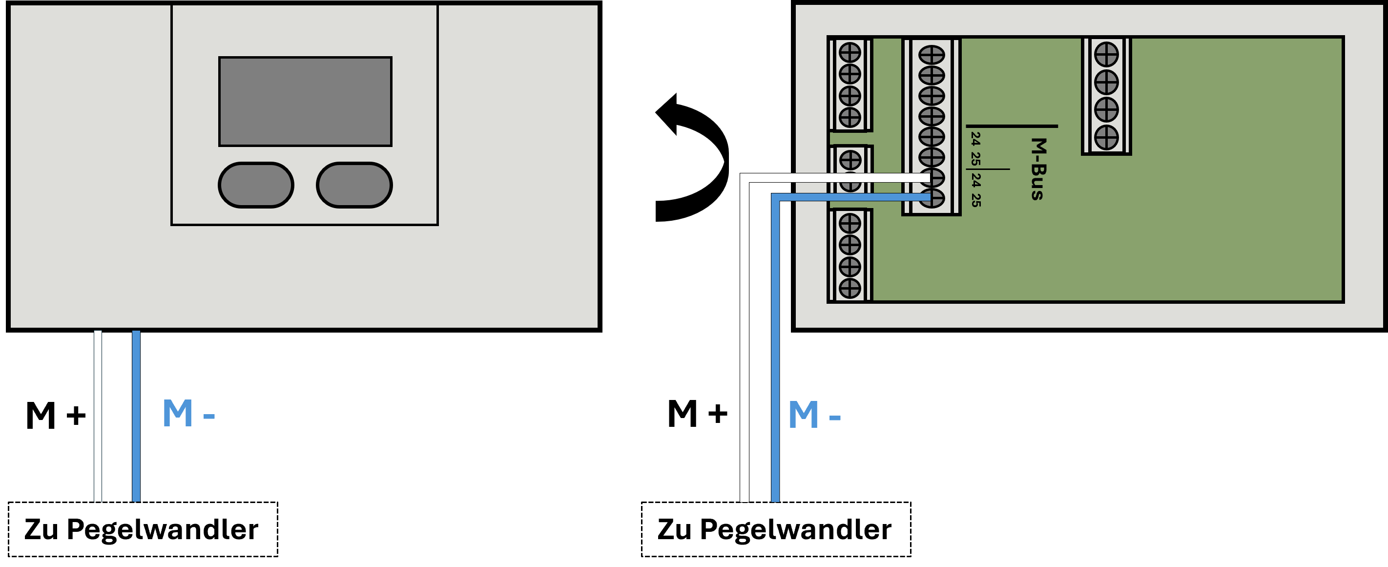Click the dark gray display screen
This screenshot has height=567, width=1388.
[305, 101]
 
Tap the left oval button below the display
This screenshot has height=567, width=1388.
[256, 185]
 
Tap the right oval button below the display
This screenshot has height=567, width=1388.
[354, 185]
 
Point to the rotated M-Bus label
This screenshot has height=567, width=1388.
[1038, 168]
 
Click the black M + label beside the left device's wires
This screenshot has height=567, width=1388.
[56, 416]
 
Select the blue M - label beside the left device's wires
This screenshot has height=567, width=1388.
[188, 414]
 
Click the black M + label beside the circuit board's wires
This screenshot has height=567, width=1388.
[697, 414]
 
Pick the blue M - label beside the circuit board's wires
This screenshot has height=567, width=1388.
[814, 416]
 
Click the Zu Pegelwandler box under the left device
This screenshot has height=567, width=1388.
[143, 529]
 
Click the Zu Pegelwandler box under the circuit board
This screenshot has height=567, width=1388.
[776, 529]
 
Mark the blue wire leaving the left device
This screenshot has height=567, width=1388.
[136, 416]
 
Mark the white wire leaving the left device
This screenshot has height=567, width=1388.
[98, 416]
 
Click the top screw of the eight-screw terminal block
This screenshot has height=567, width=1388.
[932, 55]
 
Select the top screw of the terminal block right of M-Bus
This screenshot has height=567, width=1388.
[1106, 54]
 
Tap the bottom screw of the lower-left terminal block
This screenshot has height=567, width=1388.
[849, 288]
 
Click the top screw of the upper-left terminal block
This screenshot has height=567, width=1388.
[849, 53]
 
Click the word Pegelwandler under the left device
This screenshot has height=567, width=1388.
[163, 530]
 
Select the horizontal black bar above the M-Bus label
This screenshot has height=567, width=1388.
[1012, 126]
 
